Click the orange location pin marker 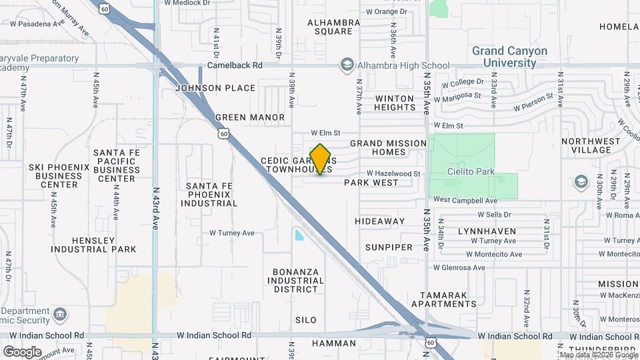point(321,159)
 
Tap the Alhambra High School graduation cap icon point(347,65)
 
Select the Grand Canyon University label point(509,57)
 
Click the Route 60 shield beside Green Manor point(223,134)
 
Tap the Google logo point(21,351)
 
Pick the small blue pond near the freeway point(299,235)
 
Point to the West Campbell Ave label point(465,200)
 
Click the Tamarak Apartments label point(448,299)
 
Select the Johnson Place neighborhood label point(215,88)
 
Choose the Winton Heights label point(395,103)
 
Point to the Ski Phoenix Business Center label point(54,175)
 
